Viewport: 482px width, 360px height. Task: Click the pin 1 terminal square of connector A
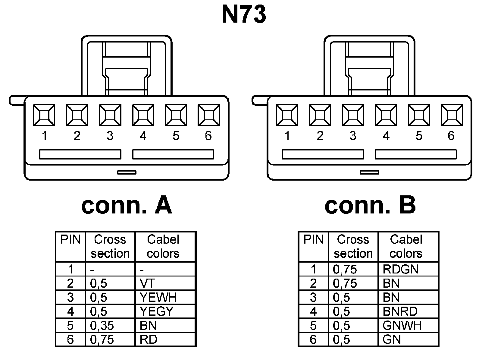point(44,115)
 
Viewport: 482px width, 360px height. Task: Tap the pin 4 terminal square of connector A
point(143,115)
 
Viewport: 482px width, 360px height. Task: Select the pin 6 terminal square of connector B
point(452,115)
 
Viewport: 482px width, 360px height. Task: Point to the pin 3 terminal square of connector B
point(353,115)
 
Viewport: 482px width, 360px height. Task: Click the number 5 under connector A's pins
point(176,136)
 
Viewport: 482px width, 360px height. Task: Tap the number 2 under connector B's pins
point(320,136)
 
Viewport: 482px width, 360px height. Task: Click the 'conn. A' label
point(127,206)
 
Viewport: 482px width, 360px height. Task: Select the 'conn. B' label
point(370,206)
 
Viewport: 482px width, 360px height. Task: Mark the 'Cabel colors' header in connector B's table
point(406,247)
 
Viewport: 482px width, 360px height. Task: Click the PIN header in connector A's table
point(70,240)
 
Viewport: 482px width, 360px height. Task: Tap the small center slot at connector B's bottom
point(369,172)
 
